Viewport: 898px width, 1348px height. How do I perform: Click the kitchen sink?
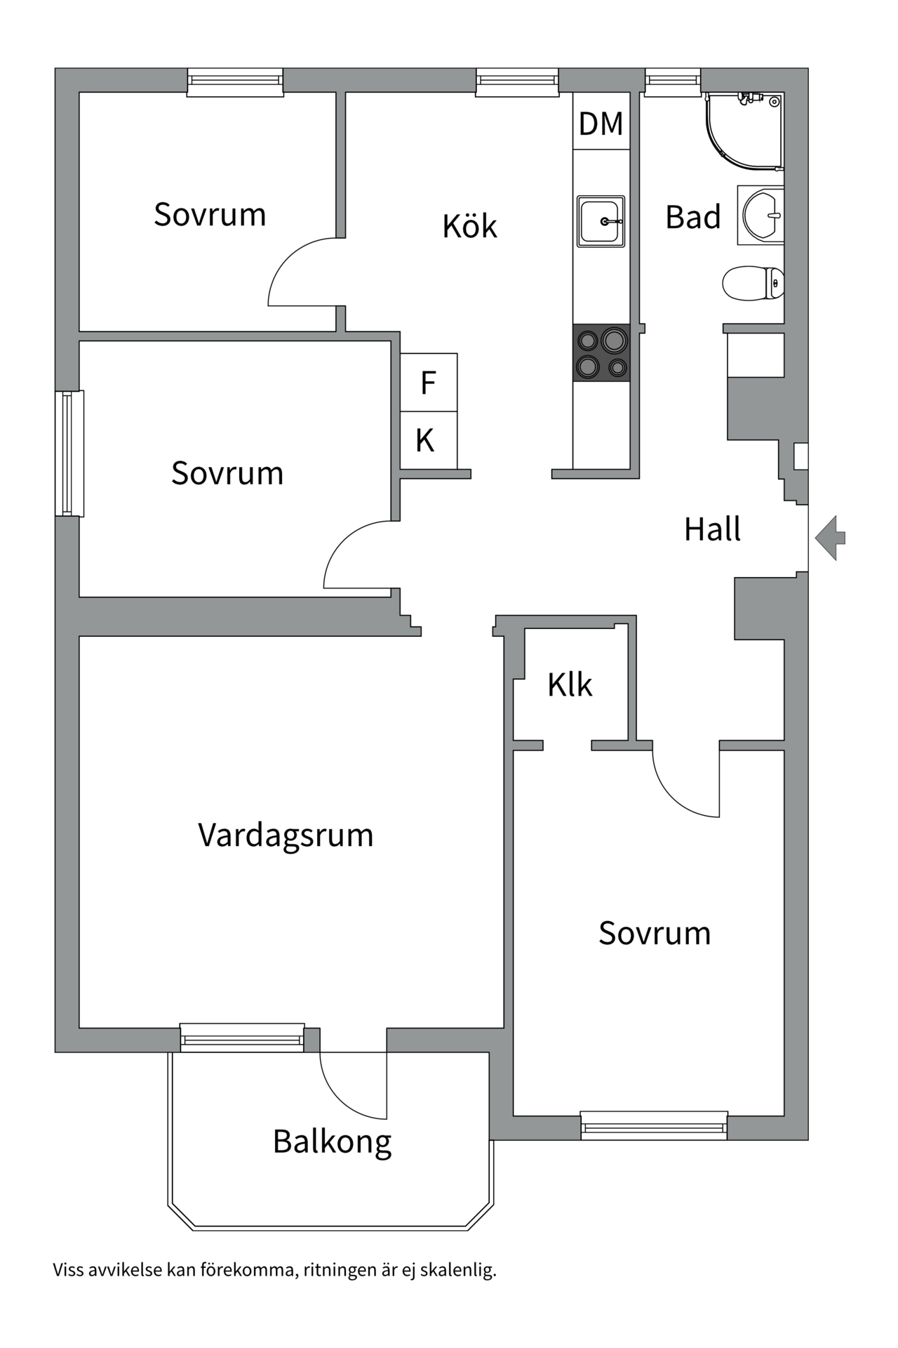point(601,221)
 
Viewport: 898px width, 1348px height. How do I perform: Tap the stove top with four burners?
point(601,352)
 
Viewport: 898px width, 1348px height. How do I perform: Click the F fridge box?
point(429,383)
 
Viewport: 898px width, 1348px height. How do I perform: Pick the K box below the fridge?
point(429,440)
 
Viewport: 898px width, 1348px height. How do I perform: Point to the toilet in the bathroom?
point(753,283)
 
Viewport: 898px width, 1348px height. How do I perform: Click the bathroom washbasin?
point(761,215)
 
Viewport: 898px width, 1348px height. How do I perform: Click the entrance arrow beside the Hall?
point(830,538)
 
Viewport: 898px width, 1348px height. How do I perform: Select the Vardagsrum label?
point(286,835)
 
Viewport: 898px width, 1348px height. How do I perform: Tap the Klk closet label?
point(570,685)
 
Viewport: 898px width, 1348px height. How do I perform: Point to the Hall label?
point(712,529)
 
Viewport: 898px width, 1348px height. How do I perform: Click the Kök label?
point(469,225)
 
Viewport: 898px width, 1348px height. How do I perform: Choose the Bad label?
point(693,217)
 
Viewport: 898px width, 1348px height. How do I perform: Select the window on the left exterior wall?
point(69,454)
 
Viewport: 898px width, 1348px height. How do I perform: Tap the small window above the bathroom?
point(673,81)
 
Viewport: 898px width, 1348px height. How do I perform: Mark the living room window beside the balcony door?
point(242,1038)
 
